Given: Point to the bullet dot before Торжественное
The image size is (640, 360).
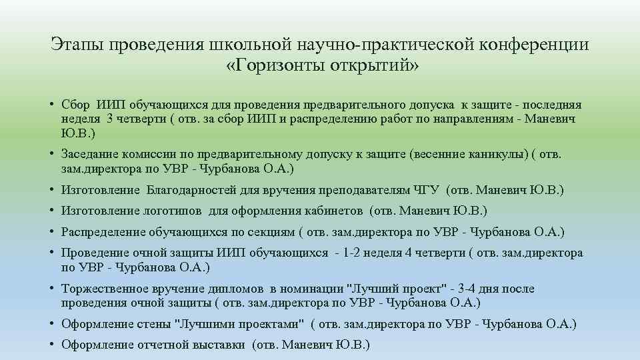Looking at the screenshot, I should [52, 289].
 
